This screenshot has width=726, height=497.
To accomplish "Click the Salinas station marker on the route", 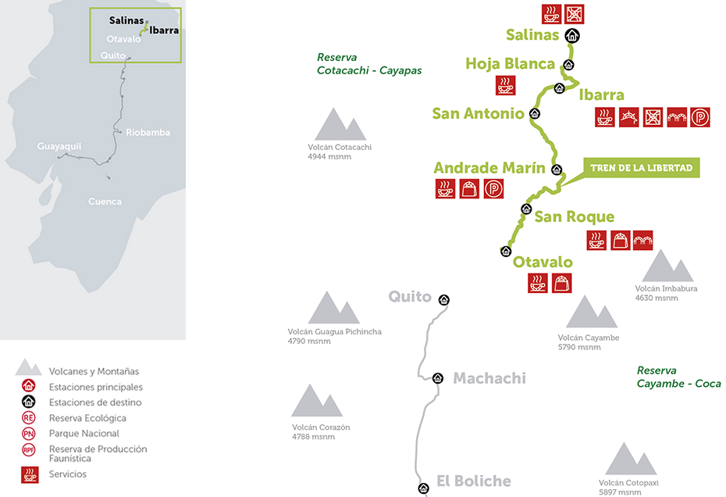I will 572,35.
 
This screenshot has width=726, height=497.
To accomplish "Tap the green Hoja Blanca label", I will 510,64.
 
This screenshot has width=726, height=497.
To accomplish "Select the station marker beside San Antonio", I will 535,113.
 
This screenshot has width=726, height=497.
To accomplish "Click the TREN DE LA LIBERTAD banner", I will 641,168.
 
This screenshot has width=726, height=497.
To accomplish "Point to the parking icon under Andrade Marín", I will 493,188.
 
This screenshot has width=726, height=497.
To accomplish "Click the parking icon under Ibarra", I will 702,117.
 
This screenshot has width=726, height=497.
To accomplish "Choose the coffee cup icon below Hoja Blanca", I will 505,85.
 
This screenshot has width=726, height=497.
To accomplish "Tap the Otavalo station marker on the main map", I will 505,251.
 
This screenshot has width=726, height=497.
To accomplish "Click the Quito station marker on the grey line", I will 444,299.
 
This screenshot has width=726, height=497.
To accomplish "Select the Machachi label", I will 489,378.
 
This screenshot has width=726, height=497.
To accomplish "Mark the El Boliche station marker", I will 423,488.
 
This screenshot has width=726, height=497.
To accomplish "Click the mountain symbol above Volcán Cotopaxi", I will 631,459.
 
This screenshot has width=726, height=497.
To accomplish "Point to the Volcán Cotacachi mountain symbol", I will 340,125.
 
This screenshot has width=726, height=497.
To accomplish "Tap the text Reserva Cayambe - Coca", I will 678,377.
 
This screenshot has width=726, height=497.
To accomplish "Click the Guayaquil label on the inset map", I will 59,146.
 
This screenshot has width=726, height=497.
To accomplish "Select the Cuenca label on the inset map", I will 105,202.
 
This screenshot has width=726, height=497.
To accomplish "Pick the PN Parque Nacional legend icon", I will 29,434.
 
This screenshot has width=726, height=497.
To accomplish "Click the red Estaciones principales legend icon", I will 29,387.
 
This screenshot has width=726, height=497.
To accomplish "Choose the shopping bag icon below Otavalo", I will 561,284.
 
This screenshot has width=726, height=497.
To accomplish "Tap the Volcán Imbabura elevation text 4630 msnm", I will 657,298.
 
